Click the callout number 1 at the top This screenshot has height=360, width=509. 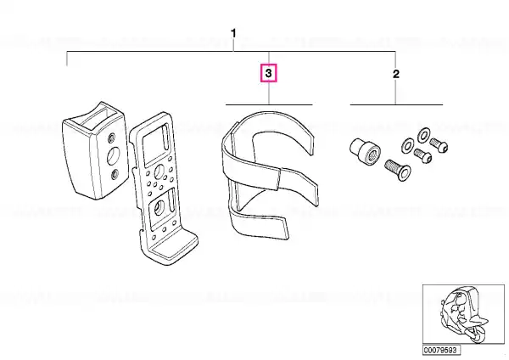[x=233, y=33]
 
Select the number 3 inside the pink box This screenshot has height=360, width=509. [x=268, y=73]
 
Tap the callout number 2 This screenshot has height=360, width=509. [x=395, y=74]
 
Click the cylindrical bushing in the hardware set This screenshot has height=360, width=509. [x=365, y=150]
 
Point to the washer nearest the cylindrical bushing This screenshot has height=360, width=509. [x=407, y=147]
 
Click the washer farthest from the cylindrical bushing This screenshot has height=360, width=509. [x=423, y=135]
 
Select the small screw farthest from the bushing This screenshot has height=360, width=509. [x=439, y=145]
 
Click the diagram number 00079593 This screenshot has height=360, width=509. [x=441, y=351]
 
